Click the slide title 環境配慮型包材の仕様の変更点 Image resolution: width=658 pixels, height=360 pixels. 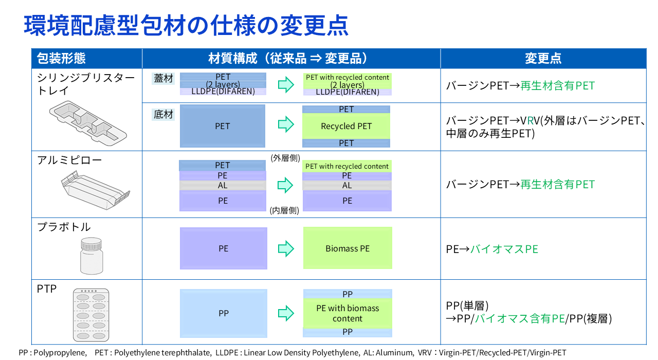186,25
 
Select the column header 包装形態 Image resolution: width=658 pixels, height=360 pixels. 61,58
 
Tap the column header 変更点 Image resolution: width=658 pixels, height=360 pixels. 543,58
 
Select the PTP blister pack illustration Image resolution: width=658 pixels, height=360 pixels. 91,315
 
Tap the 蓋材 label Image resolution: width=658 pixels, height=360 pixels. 163,79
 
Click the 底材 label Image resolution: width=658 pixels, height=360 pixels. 163,114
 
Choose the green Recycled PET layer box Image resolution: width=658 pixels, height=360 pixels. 346,126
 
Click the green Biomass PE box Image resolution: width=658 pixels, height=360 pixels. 348,248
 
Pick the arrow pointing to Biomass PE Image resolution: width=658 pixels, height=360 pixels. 286,249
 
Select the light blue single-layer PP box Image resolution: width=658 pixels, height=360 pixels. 224,313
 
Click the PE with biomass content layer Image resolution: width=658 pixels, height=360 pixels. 348,313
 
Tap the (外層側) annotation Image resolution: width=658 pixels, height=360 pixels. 285,158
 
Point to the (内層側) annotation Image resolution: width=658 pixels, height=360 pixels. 284,210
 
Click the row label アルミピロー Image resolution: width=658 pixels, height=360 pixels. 69,160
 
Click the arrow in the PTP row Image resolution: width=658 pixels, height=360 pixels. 286,313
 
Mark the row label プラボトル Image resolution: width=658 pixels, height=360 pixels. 64,227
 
